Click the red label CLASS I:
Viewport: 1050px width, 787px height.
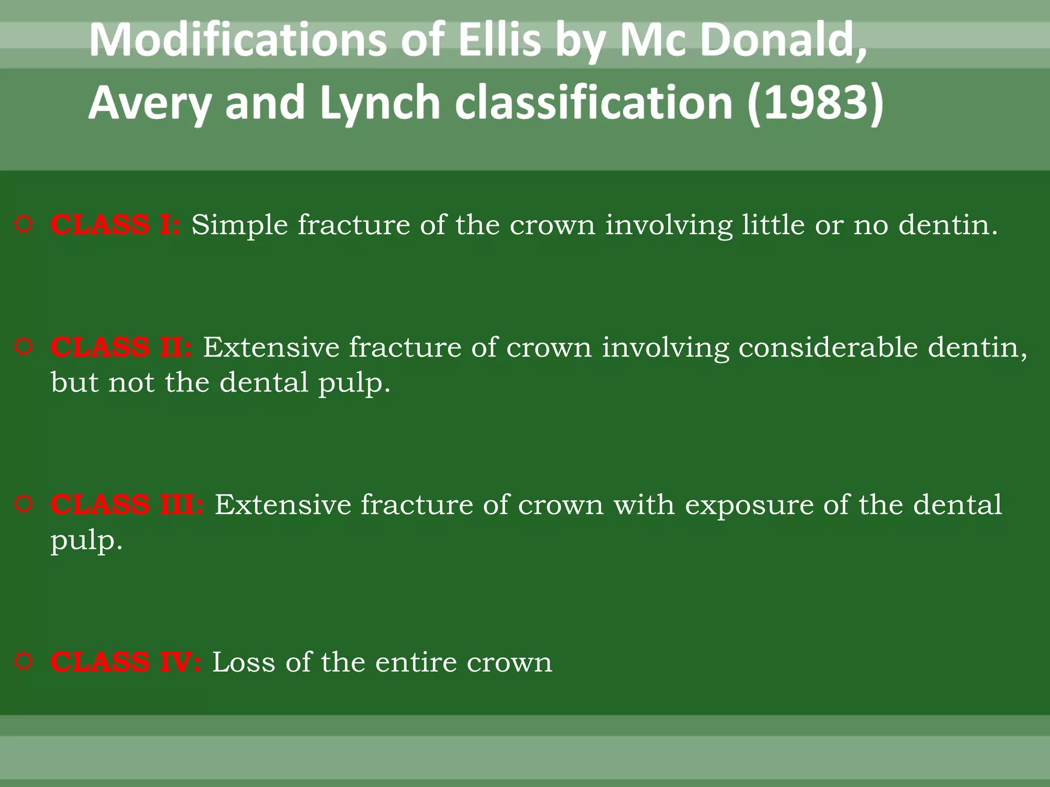[x=115, y=225]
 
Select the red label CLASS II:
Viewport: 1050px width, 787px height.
[x=121, y=347]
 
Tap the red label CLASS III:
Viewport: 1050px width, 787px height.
[x=127, y=505]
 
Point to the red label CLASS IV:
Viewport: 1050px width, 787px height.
[x=126, y=662]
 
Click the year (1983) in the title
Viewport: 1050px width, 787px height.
[x=815, y=102]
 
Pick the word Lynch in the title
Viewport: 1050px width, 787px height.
[x=379, y=102]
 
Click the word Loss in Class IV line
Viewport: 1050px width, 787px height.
[x=244, y=662]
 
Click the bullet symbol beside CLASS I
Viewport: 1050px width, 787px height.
[x=24, y=224]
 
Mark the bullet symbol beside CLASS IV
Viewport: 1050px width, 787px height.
[x=24, y=661]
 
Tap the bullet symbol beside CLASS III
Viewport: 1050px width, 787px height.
[x=24, y=504]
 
